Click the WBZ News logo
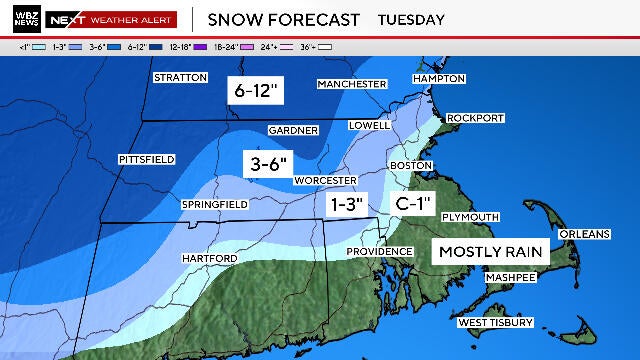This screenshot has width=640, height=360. pos(23,19)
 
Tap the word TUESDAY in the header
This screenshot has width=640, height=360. pos(411,19)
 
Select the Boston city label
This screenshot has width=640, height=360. pos(411,165)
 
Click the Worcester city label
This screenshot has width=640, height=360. pos(324,181)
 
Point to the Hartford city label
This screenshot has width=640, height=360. pos(209,259)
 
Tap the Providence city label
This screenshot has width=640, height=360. pos(380,251)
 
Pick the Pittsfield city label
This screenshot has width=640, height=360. pos(146,159)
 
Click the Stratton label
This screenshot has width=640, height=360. pos(180,77)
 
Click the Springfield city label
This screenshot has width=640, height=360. pos(214,205)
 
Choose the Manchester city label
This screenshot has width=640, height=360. pos(351,84)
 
